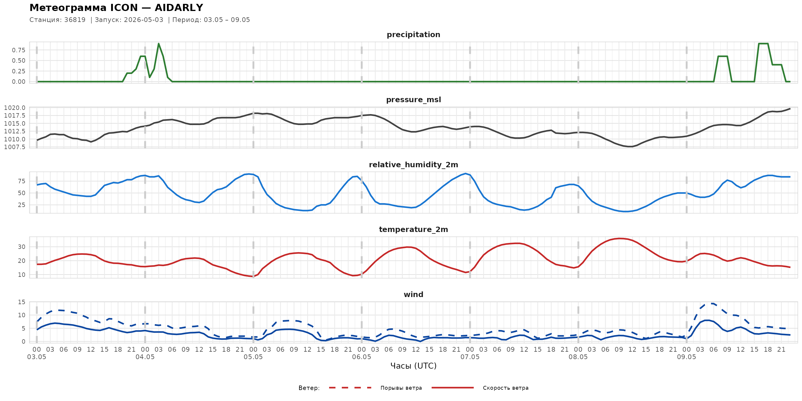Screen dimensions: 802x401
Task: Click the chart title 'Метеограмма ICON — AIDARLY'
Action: tap(116, 7)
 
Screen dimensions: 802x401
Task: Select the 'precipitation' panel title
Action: tap(413, 34)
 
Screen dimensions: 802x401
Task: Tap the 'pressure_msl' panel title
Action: tap(413, 100)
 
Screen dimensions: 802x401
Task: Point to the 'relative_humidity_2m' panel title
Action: tap(413, 165)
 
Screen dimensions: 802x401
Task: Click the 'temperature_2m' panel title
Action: tap(413, 229)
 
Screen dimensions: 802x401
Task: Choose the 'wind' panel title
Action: tap(413, 295)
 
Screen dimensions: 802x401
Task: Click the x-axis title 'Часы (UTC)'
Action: tap(413, 366)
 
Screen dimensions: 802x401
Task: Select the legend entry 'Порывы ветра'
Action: tap(401, 388)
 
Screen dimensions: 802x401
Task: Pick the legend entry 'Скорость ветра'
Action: tap(506, 388)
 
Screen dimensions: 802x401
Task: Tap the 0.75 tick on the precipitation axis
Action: tap(19, 50)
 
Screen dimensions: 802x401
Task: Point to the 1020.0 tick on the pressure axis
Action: tap(15, 108)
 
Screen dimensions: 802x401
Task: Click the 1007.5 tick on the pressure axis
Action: tap(15, 147)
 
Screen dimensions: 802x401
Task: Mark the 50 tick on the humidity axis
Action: tap(22, 193)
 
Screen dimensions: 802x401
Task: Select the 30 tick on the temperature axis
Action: tap(22, 247)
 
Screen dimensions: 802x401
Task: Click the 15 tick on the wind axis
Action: tap(22, 302)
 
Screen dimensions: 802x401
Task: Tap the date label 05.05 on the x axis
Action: tap(253, 357)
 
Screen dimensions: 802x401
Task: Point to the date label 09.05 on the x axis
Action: tap(686, 357)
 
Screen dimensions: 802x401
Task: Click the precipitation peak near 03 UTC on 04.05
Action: tap(159, 44)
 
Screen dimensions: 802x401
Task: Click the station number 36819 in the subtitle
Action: tap(75, 20)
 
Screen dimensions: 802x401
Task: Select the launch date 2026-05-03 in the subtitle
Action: tap(143, 20)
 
